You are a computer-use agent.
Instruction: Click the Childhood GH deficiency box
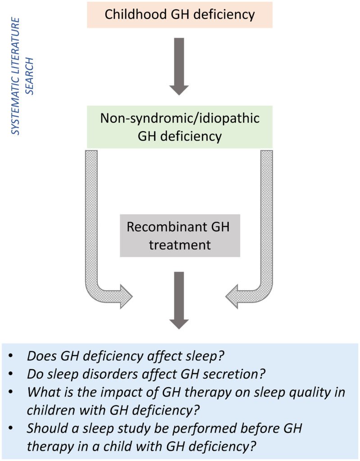[x=179, y=14]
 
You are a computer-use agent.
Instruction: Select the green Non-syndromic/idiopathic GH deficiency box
[x=179, y=127]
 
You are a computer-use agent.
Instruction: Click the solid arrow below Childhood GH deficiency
[x=179, y=66]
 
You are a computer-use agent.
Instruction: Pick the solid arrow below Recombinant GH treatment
[x=179, y=300]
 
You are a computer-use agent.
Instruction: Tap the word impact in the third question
[x=101, y=392]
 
